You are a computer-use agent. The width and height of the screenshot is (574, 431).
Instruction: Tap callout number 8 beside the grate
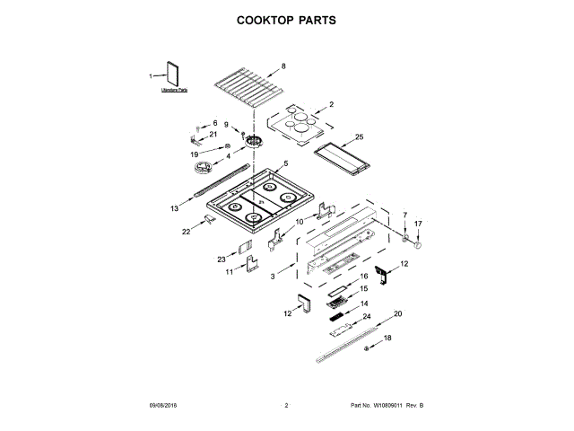[x=283, y=66]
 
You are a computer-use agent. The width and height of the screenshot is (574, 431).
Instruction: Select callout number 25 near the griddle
[x=359, y=137]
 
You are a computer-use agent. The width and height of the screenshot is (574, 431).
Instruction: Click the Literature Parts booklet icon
[x=172, y=75]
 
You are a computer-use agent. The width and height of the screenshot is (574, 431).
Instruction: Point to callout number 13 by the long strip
[x=174, y=208]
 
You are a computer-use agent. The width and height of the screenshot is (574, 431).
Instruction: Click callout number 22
[x=187, y=232]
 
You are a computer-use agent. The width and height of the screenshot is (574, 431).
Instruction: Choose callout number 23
[x=222, y=259]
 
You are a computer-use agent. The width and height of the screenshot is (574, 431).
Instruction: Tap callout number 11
[x=229, y=271]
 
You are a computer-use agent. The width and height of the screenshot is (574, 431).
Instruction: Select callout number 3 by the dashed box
[x=273, y=278]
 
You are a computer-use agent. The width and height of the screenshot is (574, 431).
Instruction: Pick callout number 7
[x=404, y=215]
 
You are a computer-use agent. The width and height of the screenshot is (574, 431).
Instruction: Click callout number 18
[x=388, y=338]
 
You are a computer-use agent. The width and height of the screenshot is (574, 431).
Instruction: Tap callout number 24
[x=366, y=317]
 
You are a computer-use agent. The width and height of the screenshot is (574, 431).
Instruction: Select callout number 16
[x=364, y=278]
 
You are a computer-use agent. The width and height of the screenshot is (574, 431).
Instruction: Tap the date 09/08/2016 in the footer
[x=165, y=407]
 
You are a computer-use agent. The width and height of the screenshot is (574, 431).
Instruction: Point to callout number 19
[x=195, y=154]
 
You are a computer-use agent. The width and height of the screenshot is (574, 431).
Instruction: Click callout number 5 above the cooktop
[x=285, y=163]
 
